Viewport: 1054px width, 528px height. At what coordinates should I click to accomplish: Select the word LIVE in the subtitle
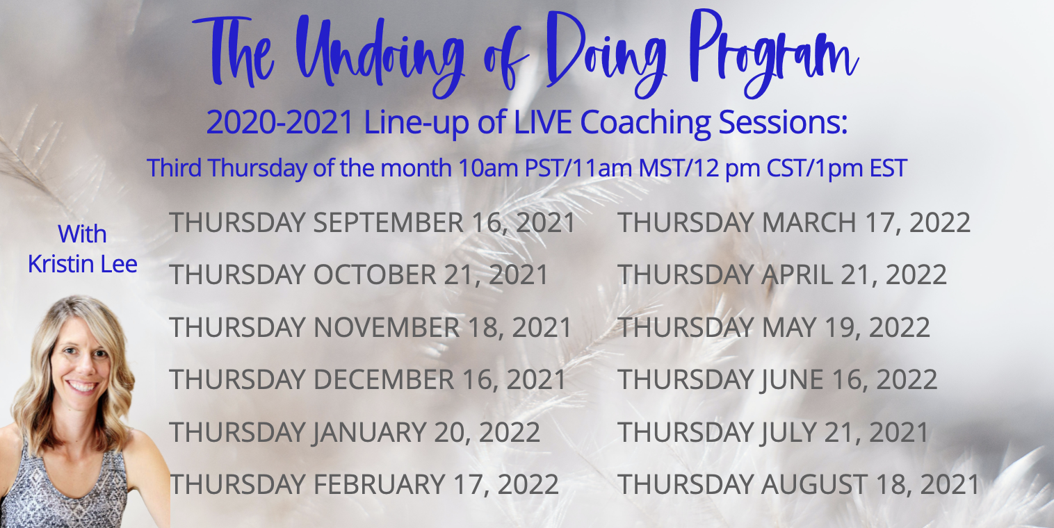pyautogui.click(x=542, y=122)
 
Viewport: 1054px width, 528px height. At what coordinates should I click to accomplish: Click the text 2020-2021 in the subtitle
pyautogui.click(x=279, y=122)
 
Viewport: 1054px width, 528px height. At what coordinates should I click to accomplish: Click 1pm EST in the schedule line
pyautogui.click(x=861, y=168)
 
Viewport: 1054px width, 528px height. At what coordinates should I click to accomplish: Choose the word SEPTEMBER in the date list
pyautogui.click(x=388, y=222)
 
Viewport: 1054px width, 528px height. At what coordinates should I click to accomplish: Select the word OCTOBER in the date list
pyautogui.click(x=375, y=274)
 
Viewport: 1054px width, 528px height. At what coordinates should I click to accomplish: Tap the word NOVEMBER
pyautogui.click(x=387, y=327)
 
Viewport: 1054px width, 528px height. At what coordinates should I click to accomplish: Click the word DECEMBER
pyautogui.click(x=384, y=379)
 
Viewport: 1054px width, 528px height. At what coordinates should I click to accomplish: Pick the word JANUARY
pyautogui.click(x=368, y=432)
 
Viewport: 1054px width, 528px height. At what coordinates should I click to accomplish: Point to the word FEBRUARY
pyautogui.click(x=379, y=484)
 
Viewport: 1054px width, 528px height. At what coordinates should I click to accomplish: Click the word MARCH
pyautogui.click(x=809, y=222)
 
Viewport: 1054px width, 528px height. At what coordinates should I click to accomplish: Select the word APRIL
pyautogui.click(x=797, y=274)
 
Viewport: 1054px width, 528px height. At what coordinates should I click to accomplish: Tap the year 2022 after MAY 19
pyautogui.click(x=899, y=327)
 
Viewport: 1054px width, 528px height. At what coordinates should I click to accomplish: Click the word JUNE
pyautogui.click(x=791, y=380)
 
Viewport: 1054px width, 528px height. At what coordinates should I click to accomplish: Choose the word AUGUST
pyautogui.click(x=815, y=484)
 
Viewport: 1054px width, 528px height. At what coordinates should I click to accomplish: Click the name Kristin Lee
pyautogui.click(x=83, y=264)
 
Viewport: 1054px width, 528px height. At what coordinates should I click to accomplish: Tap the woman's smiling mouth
pyautogui.click(x=82, y=386)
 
